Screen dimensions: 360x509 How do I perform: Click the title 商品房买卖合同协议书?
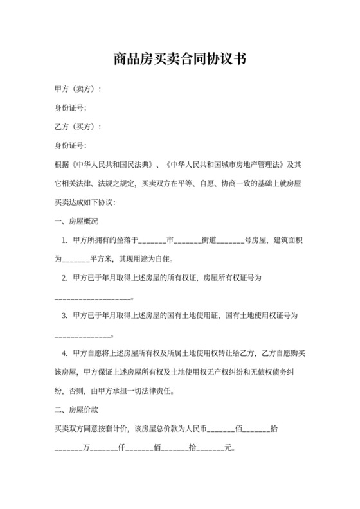pyautogui.click(x=180, y=59)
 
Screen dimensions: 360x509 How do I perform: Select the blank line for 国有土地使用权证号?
pyautogui.click(x=84, y=335)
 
